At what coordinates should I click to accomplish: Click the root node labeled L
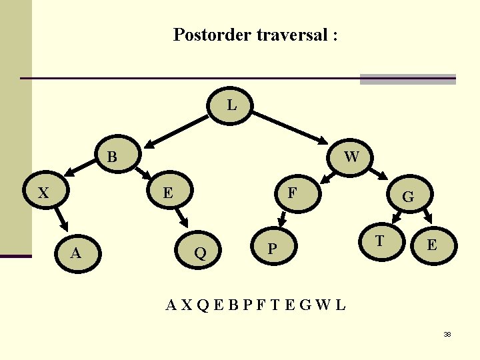231,105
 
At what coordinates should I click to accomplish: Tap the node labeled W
351,157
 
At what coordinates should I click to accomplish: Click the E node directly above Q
169,193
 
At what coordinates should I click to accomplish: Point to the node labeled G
408,197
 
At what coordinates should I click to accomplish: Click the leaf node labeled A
76,252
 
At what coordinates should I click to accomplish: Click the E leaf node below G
432,245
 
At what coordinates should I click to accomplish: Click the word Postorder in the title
211,35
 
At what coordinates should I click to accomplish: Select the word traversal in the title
289,35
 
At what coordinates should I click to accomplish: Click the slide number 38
447,334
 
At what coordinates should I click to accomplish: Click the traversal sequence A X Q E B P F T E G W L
256,305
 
